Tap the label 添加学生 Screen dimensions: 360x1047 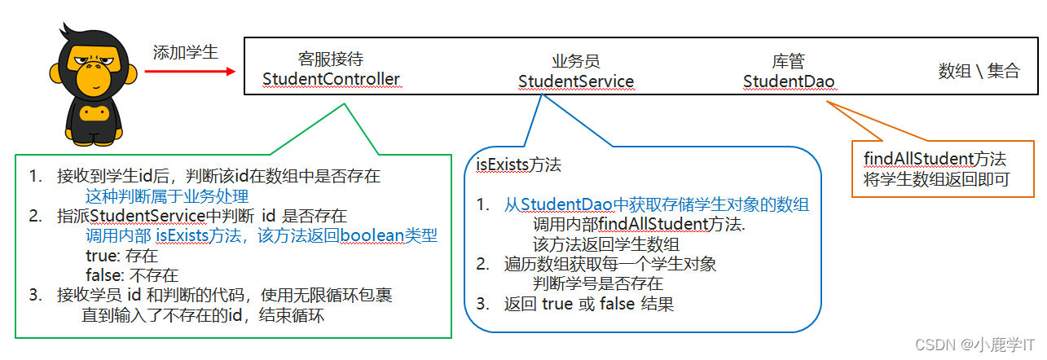click(186, 52)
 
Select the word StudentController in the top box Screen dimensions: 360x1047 click(331, 79)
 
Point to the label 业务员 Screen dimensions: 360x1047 click(575, 61)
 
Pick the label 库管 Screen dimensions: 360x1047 click(788, 61)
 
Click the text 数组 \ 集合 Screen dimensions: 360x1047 click(979, 71)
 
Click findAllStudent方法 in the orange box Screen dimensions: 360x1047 click(934, 158)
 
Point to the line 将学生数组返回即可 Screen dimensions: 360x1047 click(930, 178)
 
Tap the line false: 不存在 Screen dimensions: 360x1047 click(131, 275)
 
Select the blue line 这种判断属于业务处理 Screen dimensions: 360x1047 click(167, 196)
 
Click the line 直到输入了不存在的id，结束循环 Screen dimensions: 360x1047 click(203, 315)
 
